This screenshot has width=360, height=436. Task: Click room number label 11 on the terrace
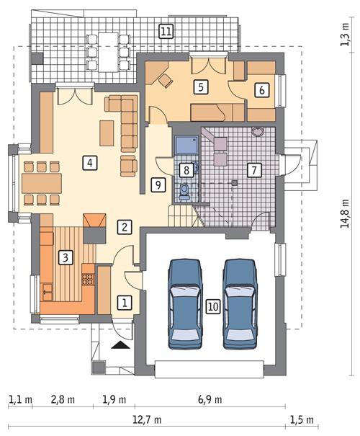click(x=166, y=31)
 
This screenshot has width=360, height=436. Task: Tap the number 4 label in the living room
click(x=89, y=162)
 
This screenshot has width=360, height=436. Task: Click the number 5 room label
click(x=202, y=86)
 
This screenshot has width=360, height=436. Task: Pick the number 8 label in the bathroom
click(x=186, y=170)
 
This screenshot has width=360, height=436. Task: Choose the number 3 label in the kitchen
click(x=65, y=257)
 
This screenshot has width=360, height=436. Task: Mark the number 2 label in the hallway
click(x=125, y=227)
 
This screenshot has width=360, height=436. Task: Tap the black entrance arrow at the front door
click(x=121, y=345)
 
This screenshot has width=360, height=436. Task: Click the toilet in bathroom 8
click(x=185, y=190)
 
